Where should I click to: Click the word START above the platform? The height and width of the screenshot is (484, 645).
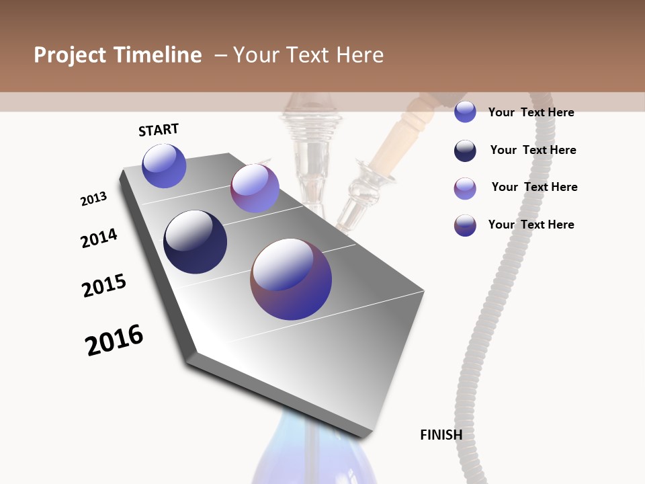tap(159, 130)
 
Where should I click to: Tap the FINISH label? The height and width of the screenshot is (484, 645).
tap(441, 435)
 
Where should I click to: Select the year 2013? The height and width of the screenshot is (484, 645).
tap(93, 199)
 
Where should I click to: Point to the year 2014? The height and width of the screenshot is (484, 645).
tap(99, 239)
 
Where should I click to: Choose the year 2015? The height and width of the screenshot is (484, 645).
tap(104, 286)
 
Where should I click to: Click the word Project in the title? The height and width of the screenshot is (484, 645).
tap(71, 55)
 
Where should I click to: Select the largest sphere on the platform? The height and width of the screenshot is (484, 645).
tap(291, 279)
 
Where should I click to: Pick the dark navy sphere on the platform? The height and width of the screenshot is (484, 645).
tap(195, 242)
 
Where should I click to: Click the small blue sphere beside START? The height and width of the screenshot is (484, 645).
tap(164, 165)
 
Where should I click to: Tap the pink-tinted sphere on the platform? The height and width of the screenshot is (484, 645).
tap(255, 188)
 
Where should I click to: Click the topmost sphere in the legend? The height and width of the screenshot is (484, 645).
tap(465, 112)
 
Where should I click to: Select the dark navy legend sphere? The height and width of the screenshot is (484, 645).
tap(465, 151)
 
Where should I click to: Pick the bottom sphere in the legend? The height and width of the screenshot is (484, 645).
tap(465, 225)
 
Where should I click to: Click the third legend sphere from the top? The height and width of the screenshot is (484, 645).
tap(465, 188)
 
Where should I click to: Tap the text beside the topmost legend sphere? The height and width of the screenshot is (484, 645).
tap(531, 112)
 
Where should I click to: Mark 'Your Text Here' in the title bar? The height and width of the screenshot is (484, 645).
tap(308, 55)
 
